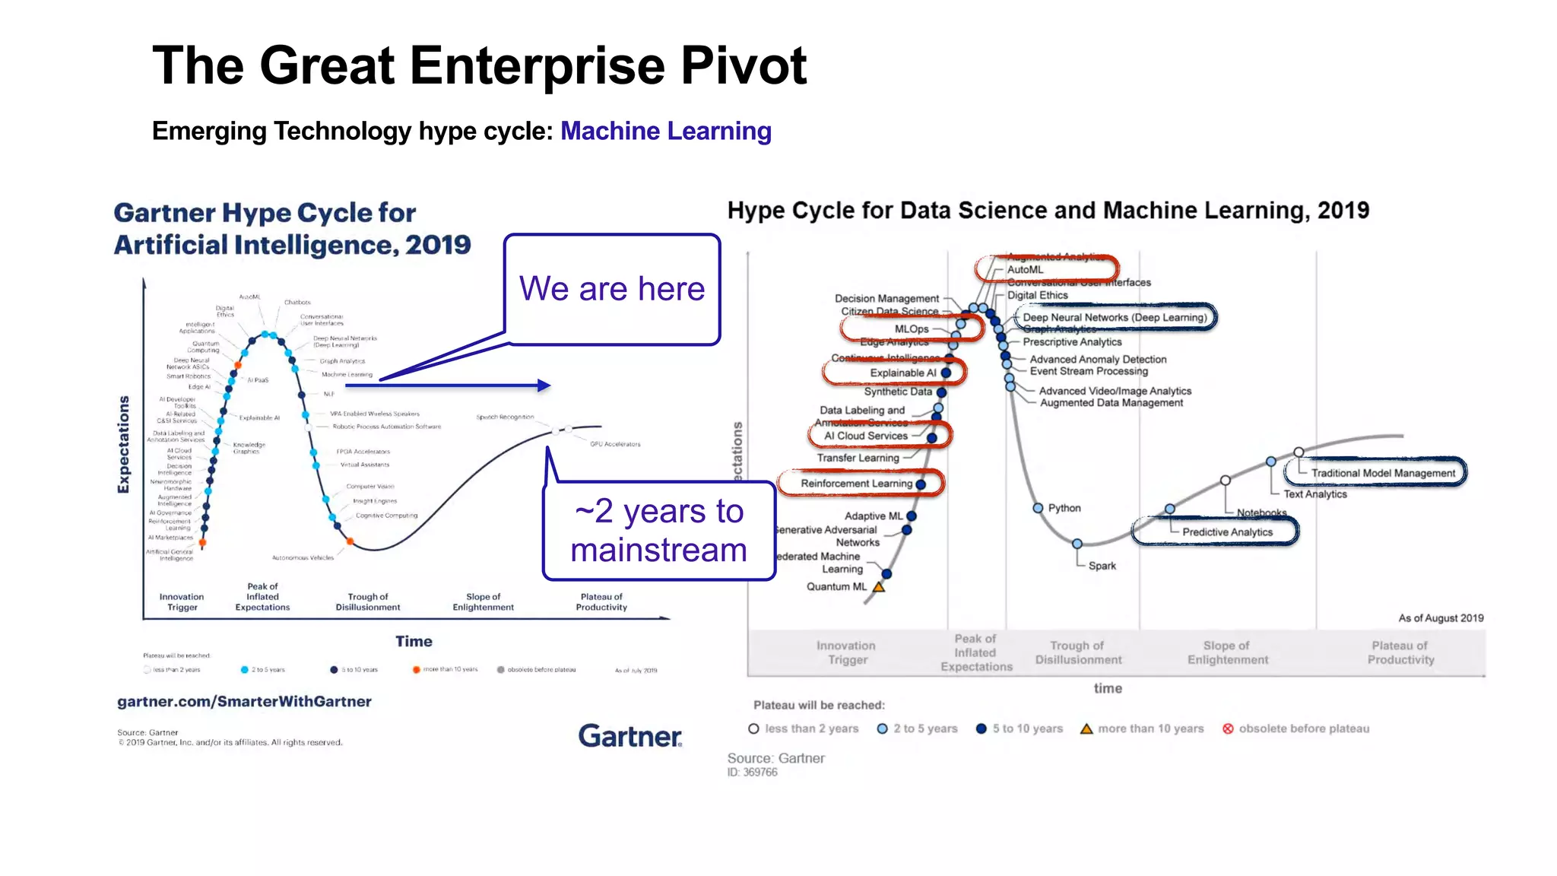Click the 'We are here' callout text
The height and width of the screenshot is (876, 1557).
[612, 289]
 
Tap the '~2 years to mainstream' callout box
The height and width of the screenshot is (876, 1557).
[659, 531]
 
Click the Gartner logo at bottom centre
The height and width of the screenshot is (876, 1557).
[629, 735]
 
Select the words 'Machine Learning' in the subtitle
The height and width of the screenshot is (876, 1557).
[666, 131]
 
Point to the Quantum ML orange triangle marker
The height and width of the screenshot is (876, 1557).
[878, 587]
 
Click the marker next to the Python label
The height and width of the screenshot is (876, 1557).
[1038, 508]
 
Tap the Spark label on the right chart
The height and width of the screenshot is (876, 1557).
[1102, 566]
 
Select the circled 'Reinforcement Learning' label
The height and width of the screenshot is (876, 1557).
[856, 484]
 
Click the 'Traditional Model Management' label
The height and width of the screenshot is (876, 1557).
[1382, 473]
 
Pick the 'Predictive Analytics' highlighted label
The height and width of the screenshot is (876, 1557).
[1226, 532]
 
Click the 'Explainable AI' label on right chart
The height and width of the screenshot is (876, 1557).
[902, 373]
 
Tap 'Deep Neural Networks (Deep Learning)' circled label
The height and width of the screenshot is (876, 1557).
[1115, 317]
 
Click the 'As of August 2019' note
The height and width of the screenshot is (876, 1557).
[1440, 618]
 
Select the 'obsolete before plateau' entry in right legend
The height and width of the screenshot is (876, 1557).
[1303, 728]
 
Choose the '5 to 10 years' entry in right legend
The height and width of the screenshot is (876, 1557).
[1026, 728]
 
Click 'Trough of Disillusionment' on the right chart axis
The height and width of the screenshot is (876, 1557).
[1078, 652]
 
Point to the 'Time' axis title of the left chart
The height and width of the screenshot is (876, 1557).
[414, 641]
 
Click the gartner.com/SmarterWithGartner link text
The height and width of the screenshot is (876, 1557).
[244, 701]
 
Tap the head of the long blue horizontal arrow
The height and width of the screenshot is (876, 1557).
[544, 386]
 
